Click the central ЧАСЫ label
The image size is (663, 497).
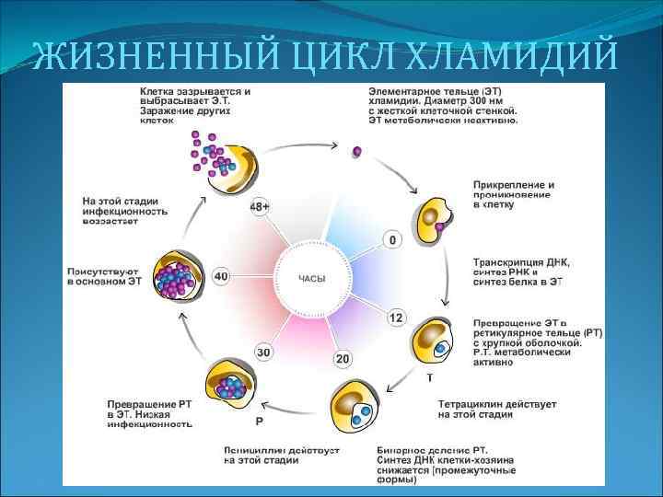click(311, 277)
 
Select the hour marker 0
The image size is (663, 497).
click(392, 240)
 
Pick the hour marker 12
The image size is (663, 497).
click(395, 318)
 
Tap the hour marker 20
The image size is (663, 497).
click(343, 358)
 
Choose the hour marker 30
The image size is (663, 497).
click(263, 352)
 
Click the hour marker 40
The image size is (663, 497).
click(221, 275)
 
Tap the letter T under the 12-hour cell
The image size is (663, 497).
click(429, 377)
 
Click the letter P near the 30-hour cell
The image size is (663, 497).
click(259, 421)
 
